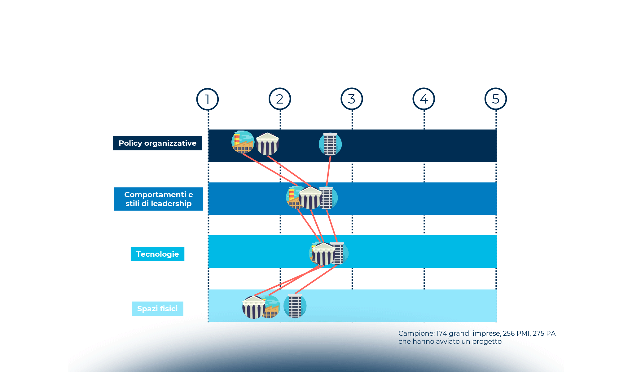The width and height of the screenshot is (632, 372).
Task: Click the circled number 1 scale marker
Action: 208,99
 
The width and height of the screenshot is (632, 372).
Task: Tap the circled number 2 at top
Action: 280,99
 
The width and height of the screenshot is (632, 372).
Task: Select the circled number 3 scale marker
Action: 352,99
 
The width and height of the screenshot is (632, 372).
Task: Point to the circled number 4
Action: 424,99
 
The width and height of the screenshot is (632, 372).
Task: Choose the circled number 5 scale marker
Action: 496,99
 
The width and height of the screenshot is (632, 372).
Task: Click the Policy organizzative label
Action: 157,143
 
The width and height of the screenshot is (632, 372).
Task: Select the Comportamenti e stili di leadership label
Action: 158,199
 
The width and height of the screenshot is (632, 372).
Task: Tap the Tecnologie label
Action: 157,254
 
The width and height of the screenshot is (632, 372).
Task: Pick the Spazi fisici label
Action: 157,309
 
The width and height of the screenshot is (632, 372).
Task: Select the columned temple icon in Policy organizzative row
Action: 268,144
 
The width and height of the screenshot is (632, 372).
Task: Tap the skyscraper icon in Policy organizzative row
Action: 330,144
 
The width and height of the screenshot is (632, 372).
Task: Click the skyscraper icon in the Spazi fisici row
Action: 295,306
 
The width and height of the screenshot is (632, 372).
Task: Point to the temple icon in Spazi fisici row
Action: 253,307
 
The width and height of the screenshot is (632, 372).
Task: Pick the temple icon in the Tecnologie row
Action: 323,254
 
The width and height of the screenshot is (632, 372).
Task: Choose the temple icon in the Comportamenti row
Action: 310,198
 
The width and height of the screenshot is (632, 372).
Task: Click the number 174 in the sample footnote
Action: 442,334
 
